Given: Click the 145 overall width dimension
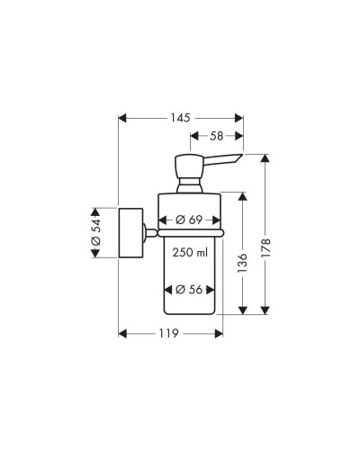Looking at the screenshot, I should (x=180, y=118).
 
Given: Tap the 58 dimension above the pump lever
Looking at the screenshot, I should (x=217, y=137).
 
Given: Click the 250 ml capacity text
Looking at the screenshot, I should (x=191, y=254).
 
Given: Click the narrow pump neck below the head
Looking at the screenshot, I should (x=190, y=186).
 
